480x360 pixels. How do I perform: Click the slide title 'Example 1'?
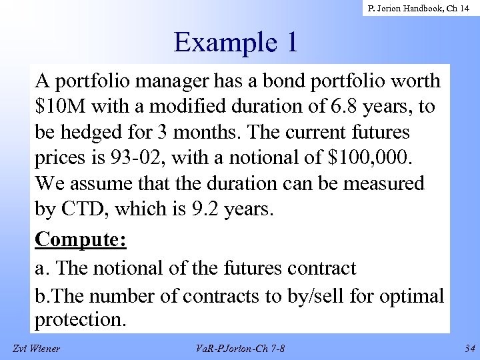tap(235, 42)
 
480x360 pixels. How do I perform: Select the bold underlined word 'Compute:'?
tap(81, 238)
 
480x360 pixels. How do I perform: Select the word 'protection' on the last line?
tap(78, 319)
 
